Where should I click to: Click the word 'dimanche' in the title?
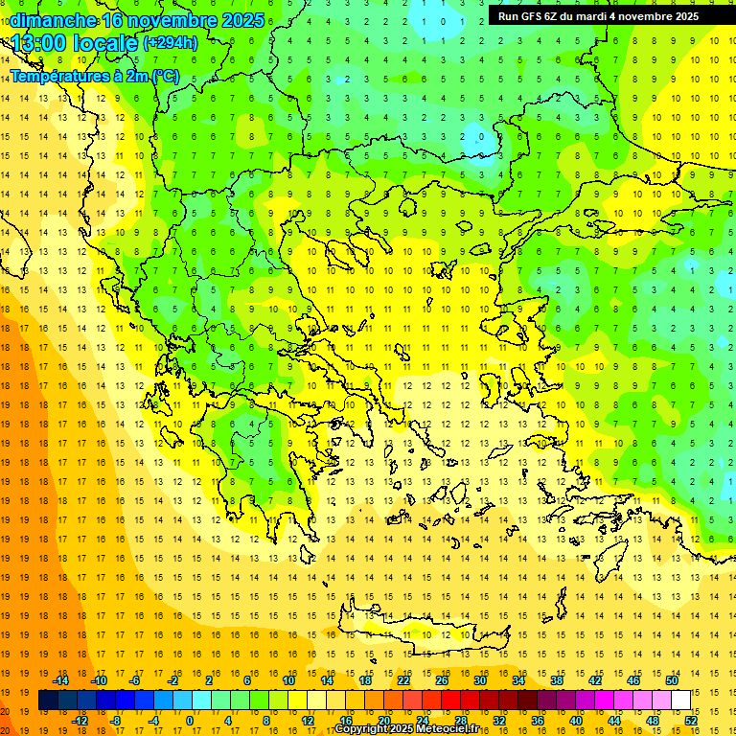(52, 20)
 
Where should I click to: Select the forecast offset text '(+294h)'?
(170, 43)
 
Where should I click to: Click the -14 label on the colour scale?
(60, 680)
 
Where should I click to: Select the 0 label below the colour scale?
(190, 721)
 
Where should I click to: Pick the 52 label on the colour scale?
(690, 721)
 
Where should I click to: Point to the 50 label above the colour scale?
(672, 680)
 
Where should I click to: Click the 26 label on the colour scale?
(442, 680)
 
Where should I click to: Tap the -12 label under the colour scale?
(80, 721)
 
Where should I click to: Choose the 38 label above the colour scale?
(557, 680)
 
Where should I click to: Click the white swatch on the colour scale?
(680, 701)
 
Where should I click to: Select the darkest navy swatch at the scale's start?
(48, 701)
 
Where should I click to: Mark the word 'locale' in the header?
(106, 43)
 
